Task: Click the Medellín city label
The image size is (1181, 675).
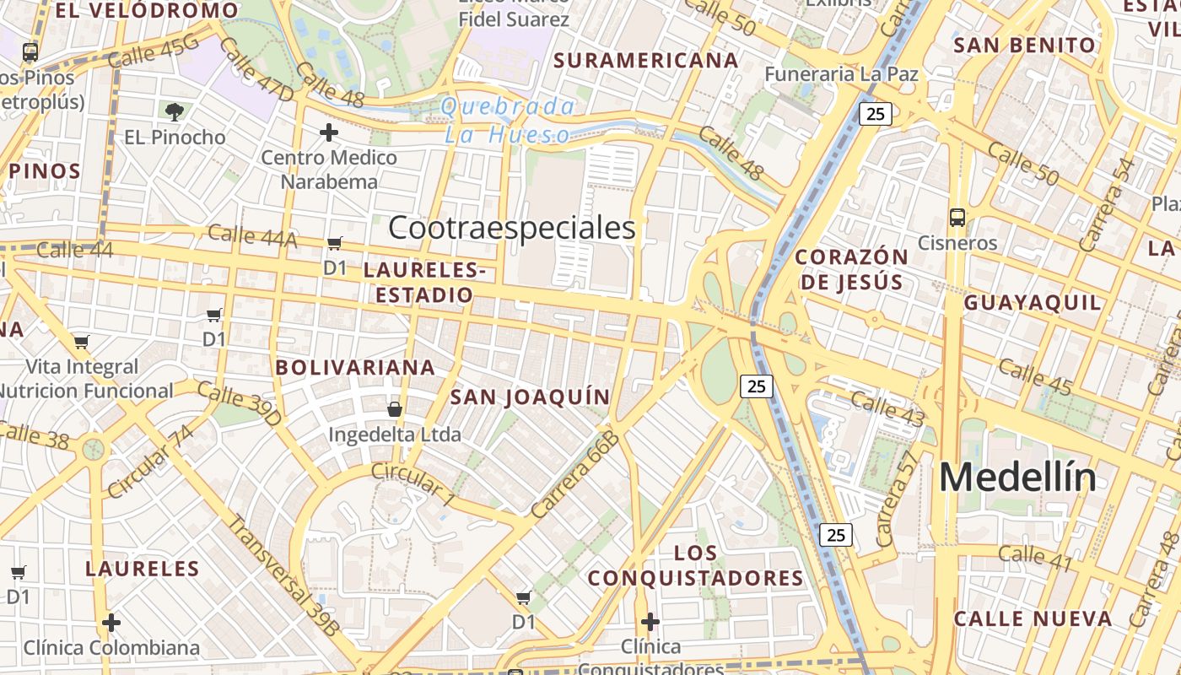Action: pos(1017,478)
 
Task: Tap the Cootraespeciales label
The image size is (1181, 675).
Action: pos(511,228)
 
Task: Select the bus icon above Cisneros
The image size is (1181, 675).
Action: pos(957,218)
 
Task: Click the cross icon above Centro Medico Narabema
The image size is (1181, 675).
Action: pos(329,132)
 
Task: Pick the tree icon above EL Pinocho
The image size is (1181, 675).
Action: pos(175,111)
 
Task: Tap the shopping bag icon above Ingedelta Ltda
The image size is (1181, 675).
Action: pos(394,410)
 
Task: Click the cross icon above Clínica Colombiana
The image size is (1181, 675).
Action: pos(111,623)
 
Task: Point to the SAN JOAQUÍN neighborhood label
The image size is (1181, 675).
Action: pos(530,397)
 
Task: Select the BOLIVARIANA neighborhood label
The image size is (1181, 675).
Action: pos(355,367)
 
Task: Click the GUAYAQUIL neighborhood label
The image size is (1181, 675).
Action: pos(1033,302)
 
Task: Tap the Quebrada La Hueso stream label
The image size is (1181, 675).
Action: pos(509,120)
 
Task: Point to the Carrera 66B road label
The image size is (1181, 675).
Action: pos(575,474)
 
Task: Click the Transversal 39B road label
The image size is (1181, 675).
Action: pos(283,575)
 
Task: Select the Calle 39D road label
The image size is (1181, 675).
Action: pos(239,402)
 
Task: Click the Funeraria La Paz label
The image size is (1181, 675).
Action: pos(841,74)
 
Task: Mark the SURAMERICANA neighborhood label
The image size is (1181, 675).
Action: pos(646,61)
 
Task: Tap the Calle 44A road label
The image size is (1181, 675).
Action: pos(252,236)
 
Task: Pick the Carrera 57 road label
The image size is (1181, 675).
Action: pos(898,498)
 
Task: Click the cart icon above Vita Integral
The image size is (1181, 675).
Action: pos(82,342)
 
